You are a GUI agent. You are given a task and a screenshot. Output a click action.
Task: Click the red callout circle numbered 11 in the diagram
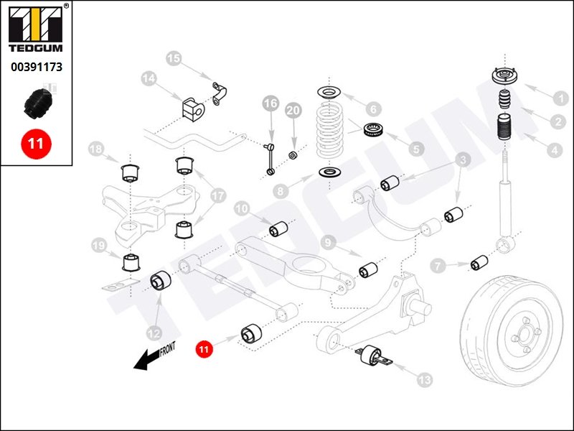pyautogui.click(x=204, y=350)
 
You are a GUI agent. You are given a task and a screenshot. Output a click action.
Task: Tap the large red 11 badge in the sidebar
pyautogui.click(x=36, y=143)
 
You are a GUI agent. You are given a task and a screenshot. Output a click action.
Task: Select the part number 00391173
pyautogui.click(x=36, y=68)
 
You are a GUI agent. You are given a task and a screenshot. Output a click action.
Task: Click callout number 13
pyautogui.click(x=425, y=379)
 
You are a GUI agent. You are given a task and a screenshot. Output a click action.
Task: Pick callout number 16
pyautogui.click(x=270, y=104)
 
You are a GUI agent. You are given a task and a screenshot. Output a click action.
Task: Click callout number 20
pyautogui.click(x=293, y=111)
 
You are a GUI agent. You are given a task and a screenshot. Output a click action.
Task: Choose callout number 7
pyautogui.click(x=438, y=267)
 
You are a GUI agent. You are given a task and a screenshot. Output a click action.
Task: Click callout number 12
pyautogui.click(x=152, y=333)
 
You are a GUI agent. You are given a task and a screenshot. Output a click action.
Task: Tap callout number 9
pyautogui.click(x=329, y=242)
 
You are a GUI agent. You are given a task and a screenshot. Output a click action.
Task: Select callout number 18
pyautogui.click(x=96, y=149)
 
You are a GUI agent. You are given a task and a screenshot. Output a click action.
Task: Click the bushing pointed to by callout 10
pyautogui.click(x=278, y=229)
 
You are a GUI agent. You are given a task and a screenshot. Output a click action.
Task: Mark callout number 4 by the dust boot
pyautogui.click(x=555, y=151)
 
